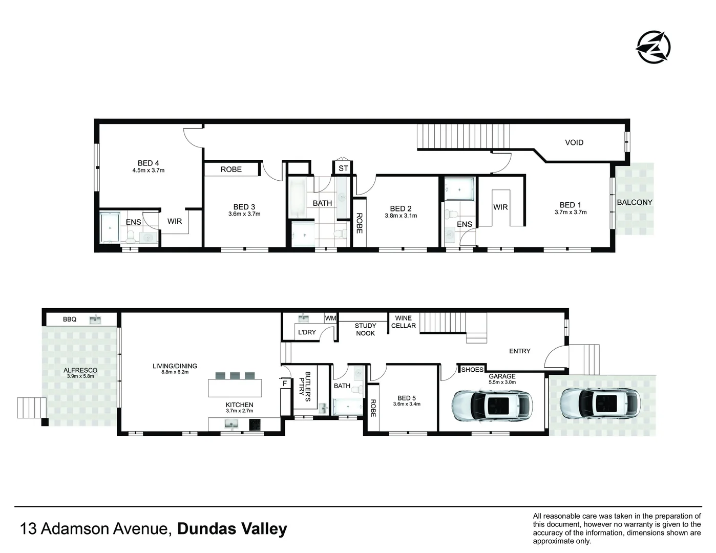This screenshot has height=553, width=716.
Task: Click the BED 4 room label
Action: pos(148,163)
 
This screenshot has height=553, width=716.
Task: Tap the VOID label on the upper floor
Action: pos(574,142)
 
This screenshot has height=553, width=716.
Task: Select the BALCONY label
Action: pos(634,202)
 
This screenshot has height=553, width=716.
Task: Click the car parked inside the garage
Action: pos(492,405)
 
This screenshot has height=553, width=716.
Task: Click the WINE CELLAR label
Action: pos(403,322)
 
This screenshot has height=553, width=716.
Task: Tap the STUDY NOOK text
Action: pos(365,329)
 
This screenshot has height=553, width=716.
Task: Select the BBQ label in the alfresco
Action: pos(70,319)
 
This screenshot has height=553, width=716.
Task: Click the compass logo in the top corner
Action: pos(652,47)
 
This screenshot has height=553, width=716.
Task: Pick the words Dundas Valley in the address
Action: pos(231,528)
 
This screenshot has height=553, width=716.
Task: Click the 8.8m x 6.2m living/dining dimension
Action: pos(175,372)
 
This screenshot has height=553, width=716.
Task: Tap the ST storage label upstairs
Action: pos(343,168)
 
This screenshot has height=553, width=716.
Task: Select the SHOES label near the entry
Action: pos(472,369)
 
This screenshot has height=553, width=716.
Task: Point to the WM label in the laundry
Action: pos(330,318)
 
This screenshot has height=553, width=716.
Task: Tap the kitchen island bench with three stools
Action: pos(235,388)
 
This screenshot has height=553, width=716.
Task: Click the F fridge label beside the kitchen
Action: pos(285,382)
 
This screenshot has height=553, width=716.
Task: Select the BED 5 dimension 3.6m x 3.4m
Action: pos(407,404)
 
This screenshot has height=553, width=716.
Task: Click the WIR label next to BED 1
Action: pos(500,207)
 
